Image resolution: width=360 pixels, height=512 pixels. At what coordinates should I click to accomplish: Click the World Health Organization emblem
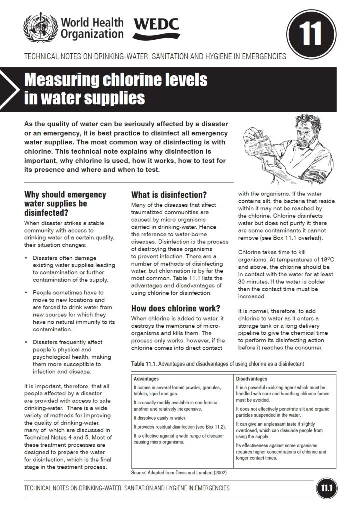(40, 28)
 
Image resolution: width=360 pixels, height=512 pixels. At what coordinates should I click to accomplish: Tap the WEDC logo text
(156, 28)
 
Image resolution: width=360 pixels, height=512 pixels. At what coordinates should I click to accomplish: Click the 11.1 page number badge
(326, 488)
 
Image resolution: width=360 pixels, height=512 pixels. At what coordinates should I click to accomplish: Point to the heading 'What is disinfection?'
(169, 195)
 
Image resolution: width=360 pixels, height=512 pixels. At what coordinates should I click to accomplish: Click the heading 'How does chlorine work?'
(175, 308)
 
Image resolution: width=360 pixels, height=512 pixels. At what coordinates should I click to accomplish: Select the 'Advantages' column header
(146, 379)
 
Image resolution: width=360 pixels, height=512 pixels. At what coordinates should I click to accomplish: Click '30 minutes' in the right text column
(254, 281)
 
